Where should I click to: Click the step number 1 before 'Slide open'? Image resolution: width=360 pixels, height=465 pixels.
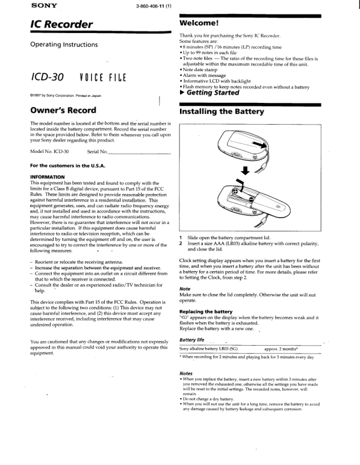181,236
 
